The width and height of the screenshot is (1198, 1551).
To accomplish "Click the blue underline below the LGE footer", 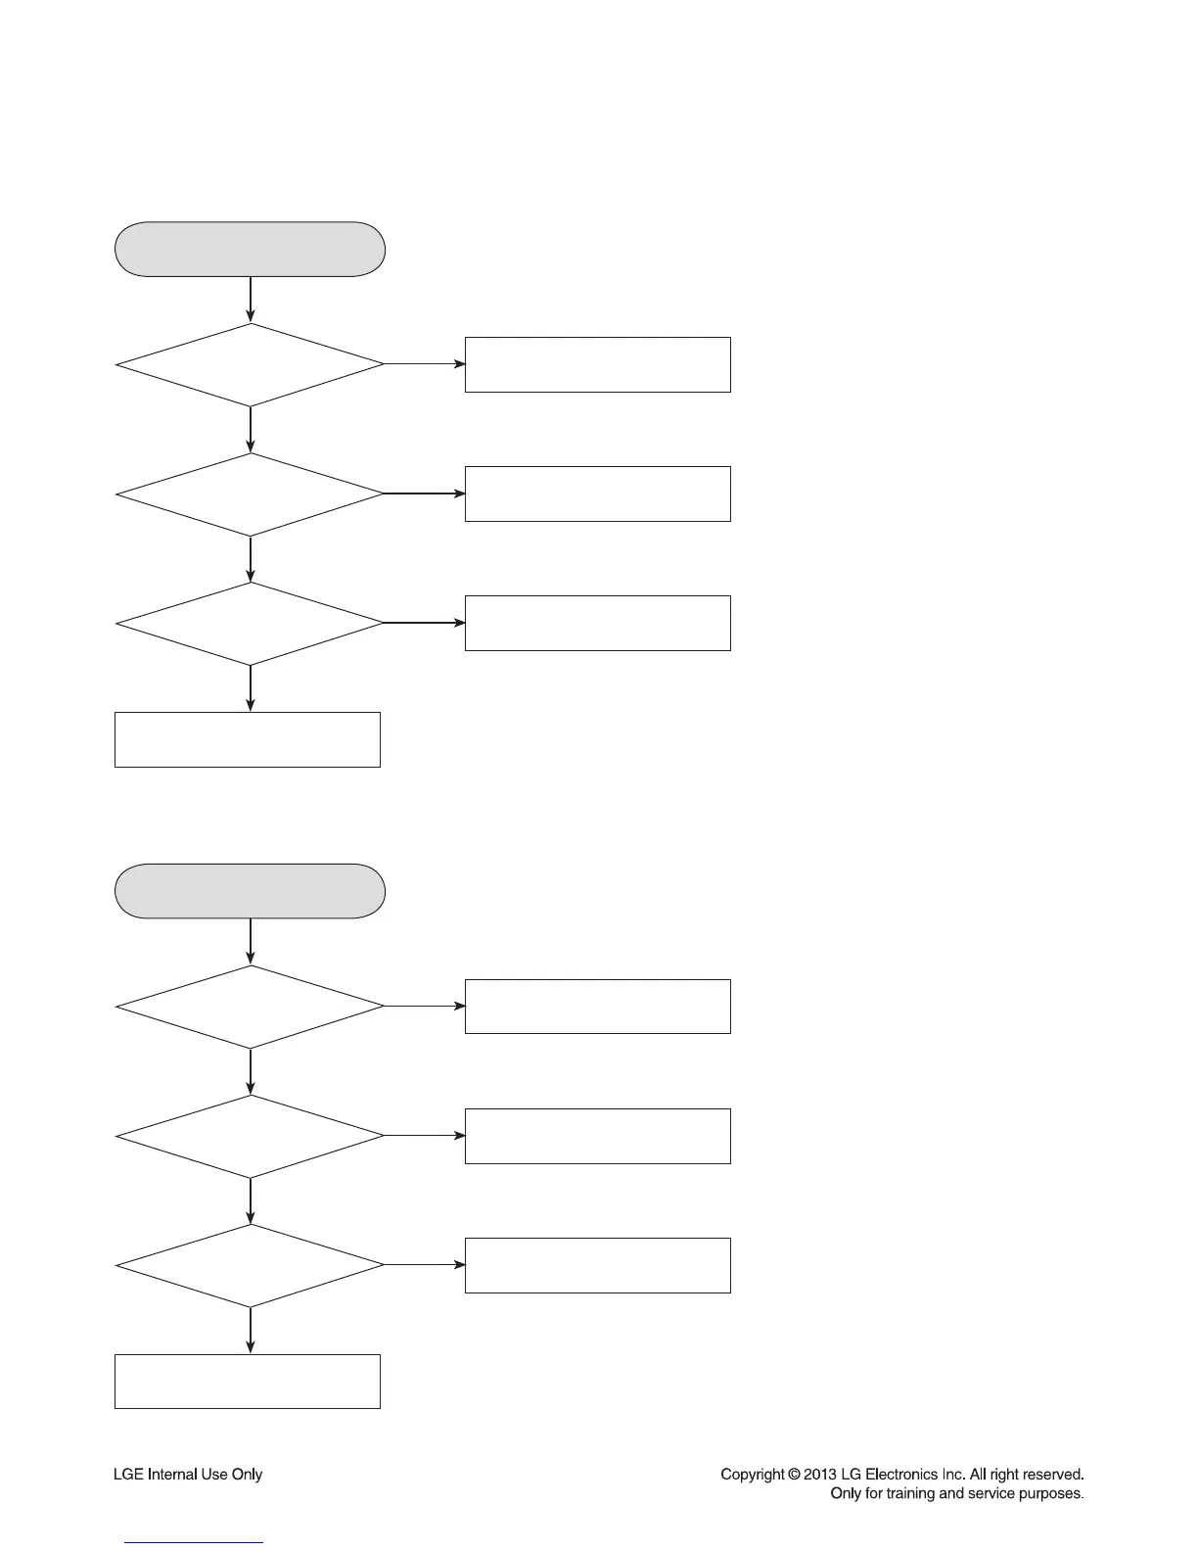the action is pyautogui.click(x=195, y=1543).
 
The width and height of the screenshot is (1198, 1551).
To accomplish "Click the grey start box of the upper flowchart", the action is pyautogui.click(x=250, y=250).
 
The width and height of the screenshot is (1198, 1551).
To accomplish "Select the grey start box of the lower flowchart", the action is pyautogui.click(x=250, y=891).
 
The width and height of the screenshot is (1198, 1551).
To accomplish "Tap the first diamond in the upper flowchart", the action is pyautogui.click(x=250, y=365).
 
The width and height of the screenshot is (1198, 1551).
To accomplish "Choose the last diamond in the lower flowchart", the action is pyautogui.click(x=250, y=1266).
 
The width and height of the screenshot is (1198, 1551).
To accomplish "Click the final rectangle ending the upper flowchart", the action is pyautogui.click(x=248, y=739).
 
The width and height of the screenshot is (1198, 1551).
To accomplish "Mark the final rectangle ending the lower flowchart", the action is pyautogui.click(x=248, y=1382).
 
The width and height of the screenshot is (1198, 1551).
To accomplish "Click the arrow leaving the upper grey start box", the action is pyautogui.click(x=251, y=299).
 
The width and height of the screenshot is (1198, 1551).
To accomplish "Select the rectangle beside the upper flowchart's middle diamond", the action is pyautogui.click(x=598, y=493).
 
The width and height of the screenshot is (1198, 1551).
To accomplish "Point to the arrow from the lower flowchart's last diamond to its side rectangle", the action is pyautogui.click(x=424, y=1265).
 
